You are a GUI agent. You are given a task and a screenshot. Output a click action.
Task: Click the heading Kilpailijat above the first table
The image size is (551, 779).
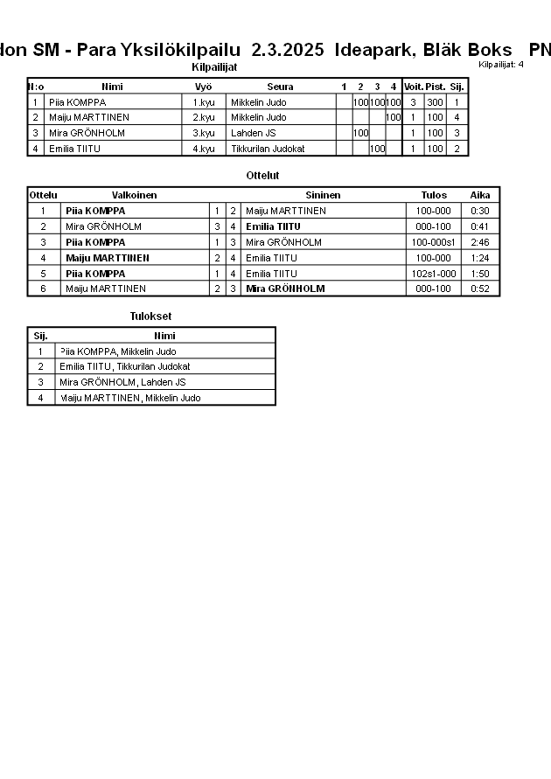click(213, 67)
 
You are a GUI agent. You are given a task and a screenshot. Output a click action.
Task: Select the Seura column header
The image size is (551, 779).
click(280, 87)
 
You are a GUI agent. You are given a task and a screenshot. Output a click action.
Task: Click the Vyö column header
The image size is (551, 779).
click(203, 87)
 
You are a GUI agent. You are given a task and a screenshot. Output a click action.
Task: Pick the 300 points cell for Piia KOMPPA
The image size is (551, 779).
click(435, 102)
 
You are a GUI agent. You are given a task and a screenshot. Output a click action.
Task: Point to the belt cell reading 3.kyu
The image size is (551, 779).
click(203, 133)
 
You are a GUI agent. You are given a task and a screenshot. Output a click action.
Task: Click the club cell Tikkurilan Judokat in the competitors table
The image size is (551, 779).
click(268, 149)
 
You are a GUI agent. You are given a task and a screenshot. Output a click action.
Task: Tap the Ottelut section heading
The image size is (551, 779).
click(262, 176)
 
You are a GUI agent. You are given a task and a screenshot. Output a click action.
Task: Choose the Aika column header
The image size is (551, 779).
click(479, 195)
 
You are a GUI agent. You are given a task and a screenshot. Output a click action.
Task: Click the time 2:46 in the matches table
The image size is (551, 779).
click(479, 242)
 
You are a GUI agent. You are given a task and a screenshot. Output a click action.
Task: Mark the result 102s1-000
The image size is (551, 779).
click(434, 274)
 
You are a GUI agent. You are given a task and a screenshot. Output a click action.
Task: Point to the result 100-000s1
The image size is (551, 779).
click(434, 242)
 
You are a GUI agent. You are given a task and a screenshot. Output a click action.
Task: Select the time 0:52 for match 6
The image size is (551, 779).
click(479, 289)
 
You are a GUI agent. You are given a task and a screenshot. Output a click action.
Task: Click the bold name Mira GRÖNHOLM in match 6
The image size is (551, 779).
click(285, 289)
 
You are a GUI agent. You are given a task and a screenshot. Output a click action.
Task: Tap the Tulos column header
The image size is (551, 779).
click(434, 195)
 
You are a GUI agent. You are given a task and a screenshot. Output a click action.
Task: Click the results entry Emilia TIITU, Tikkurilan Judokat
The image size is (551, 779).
click(125, 367)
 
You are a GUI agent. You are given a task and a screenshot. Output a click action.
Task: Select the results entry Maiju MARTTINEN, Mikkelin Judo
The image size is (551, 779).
click(129, 398)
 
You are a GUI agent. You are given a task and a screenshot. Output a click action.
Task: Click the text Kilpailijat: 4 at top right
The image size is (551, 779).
click(501, 64)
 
